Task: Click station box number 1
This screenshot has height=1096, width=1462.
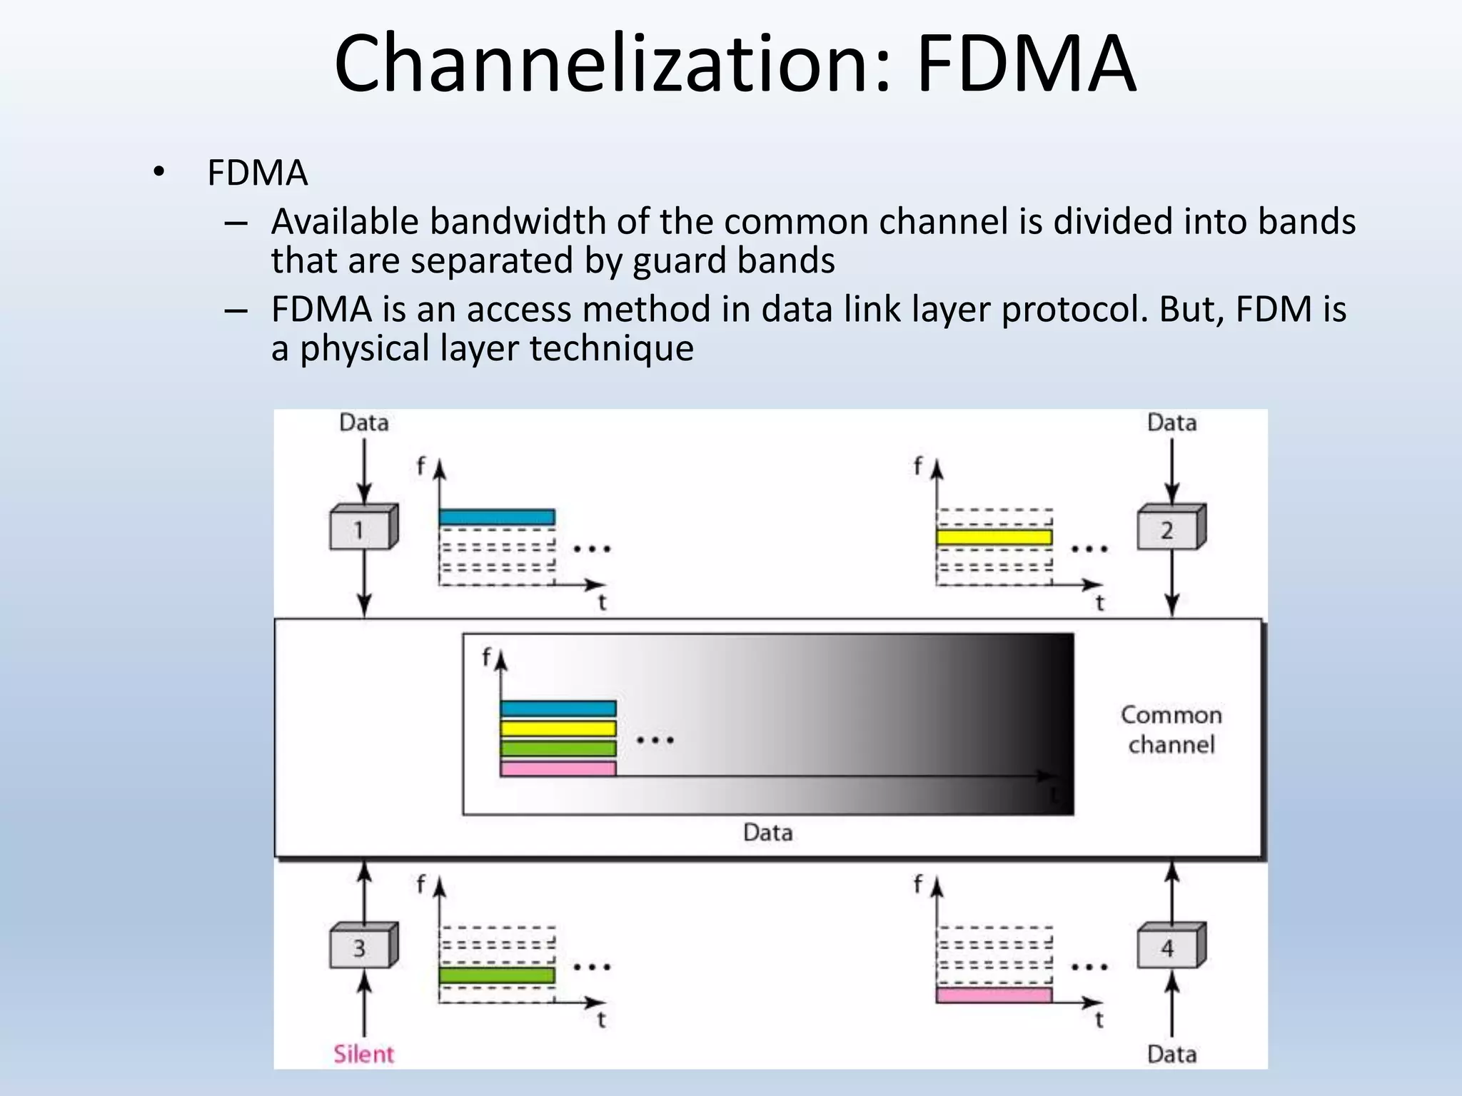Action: coord(361,529)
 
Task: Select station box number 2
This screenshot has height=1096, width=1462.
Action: coord(1168,529)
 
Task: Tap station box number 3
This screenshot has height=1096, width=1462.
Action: coord(361,948)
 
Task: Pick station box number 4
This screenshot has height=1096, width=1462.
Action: coord(1168,948)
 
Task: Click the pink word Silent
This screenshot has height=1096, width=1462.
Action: coord(363,1054)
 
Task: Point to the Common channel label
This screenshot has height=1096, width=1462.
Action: coord(1171,729)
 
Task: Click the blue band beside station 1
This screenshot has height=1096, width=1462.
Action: coord(497,517)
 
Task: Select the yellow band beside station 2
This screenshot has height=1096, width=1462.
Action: coord(994,537)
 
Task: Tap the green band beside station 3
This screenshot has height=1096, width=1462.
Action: coord(497,975)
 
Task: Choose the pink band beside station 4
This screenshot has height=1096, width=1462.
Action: coord(994,995)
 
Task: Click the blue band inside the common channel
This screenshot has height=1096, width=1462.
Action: coord(558,709)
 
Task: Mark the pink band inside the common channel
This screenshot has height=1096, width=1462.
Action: coord(558,768)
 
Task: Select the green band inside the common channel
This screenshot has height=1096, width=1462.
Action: coord(558,749)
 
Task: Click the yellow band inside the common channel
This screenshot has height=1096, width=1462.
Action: coord(558,729)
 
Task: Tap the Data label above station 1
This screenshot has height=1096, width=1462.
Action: coord(364,422)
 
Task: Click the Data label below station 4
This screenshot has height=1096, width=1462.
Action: coord(1171,1054)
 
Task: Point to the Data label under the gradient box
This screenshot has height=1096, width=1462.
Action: coord(768,832)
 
